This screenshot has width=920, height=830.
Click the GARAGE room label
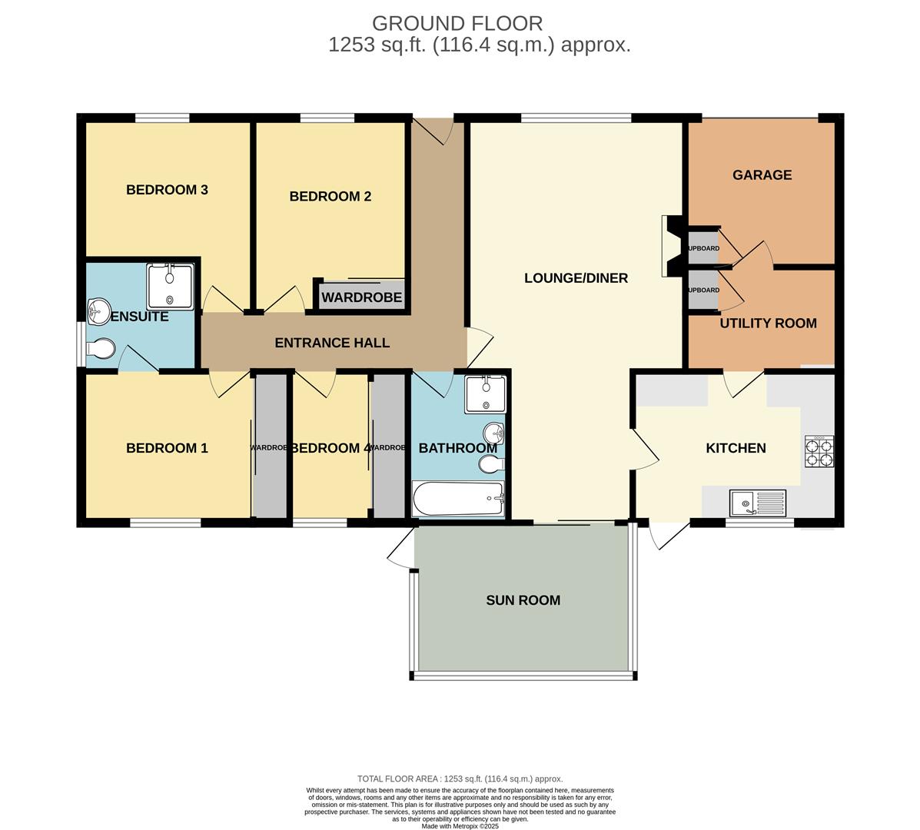(x=762, y=175)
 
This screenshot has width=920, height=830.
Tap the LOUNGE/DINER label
(x=576, y=278)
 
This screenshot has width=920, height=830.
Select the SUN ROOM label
(x=523, y=600)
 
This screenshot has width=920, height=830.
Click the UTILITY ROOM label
(x=768, y=324)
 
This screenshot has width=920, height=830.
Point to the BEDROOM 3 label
(x=167, y=190)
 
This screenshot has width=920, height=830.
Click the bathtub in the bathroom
(x=458, y=500)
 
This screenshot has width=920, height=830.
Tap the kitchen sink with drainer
(x=757, y=503)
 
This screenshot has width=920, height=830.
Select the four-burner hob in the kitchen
(x=819, y=452)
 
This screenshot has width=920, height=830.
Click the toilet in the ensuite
(x=101, y=350)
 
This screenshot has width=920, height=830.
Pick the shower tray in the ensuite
(x=170, y=286)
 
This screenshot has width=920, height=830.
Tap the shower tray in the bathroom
(x=485, y=394)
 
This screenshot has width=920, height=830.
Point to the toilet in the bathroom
(x=490, y=463)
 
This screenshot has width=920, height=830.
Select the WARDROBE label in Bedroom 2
(x=361, y=297)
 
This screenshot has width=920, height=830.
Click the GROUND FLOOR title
(x=457, y=23)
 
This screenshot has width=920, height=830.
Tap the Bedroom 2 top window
(x=327, y=118)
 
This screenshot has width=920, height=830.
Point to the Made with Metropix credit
(x=460, y=826)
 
